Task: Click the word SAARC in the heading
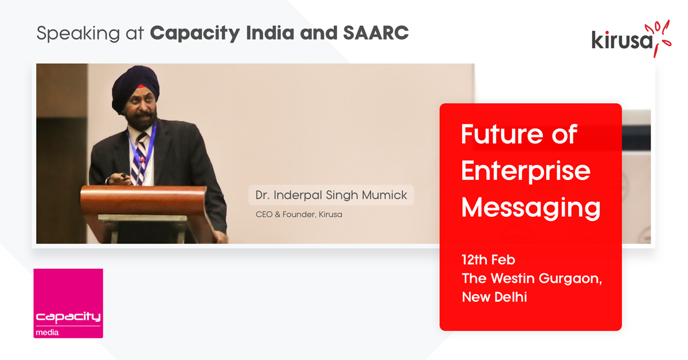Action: [376, 33]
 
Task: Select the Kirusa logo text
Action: [622, 41]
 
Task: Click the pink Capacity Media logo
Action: [68, 303]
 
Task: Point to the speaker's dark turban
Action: [135, 87]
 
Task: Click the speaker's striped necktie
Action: [140, 159]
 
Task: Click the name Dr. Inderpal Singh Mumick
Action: [331, 195]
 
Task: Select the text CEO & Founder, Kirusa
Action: [299, 214]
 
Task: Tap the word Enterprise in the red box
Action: [526, 171]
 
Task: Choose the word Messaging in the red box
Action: [531, 209]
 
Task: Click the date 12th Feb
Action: [488, 260]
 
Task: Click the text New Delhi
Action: [494, 297]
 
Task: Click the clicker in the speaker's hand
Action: [123, 176]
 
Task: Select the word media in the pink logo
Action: [47, 332]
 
